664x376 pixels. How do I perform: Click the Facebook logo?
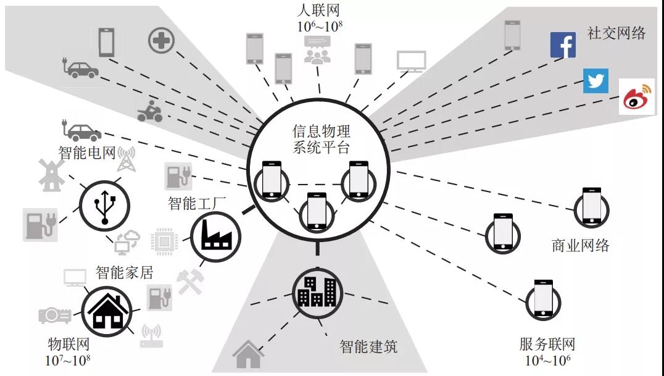click(x=563, y=45)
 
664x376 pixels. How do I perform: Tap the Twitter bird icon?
click(x=596, y=81)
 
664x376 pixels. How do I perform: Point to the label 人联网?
click(x=318, y=10)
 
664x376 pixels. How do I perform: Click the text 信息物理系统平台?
click(x=320, y=140)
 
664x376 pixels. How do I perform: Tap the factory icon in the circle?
click(x=216, y=235)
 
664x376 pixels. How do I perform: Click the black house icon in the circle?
click(x=106, y=310)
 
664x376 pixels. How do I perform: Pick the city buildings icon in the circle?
click(x=317, y=290)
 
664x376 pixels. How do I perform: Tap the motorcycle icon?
click(x=149, y=112)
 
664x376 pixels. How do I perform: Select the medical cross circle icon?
click(x=161, y=41)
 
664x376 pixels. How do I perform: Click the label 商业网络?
click(x=580, y=246)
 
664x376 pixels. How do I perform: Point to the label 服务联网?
click(x=547, y=345)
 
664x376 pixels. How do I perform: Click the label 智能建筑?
click(x=368, y=346)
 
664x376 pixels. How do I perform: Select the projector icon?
click(x=55, y=315)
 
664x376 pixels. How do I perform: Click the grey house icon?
click(x=248, y=354)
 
